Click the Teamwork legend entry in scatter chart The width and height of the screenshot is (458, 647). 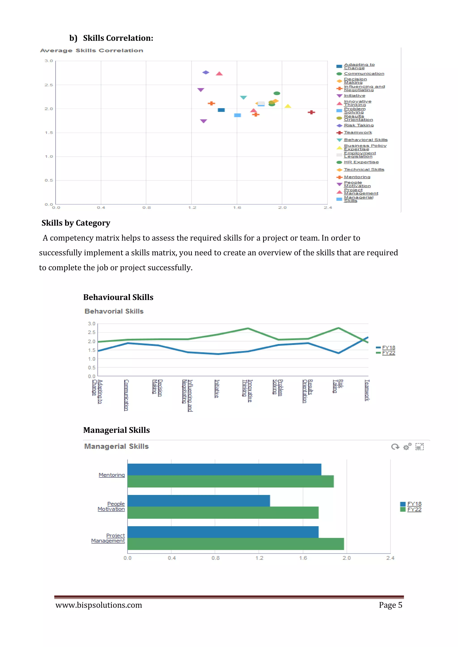[358, 132]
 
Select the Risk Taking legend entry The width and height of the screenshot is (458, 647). [358, 125]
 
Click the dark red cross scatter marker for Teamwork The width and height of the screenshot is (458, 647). [311, 112]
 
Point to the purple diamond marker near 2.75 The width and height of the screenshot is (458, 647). [206, 72]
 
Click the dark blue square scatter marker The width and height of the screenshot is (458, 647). [221, 110]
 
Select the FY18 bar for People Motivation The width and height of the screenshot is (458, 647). [198, 501]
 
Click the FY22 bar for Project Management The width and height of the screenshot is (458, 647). [235, 544]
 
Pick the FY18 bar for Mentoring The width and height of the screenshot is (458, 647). [224, 469]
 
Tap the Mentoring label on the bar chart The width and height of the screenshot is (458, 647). [111, 475]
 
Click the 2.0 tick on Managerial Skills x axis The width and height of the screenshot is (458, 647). [347, 558]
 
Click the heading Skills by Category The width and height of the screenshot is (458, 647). [76, 223]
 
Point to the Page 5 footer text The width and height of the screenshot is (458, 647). [390, 605]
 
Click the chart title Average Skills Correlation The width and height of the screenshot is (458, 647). [91, 50]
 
